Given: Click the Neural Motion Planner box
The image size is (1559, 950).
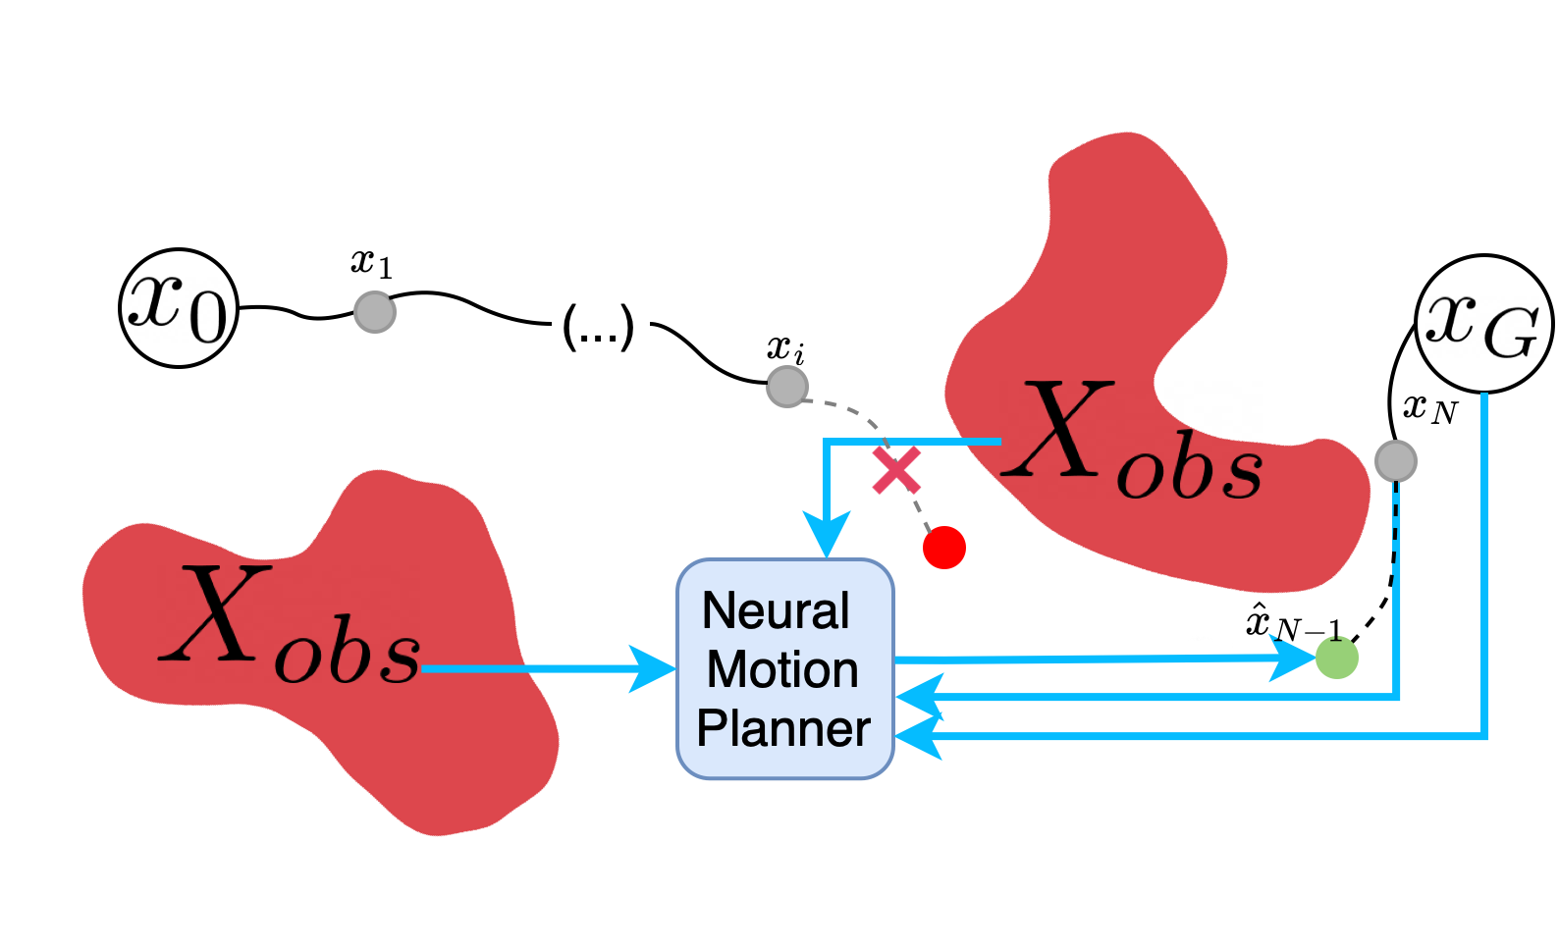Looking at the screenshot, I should coord(784,668).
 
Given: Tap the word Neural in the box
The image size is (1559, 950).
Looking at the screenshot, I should coord(776,611).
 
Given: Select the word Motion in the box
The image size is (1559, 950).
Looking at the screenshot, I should coord(782,670).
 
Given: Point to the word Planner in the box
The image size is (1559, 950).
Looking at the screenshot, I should coord(783,729).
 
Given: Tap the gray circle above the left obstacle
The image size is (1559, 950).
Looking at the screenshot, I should coord(375,312).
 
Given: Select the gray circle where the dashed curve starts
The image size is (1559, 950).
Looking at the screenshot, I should coord(787,387).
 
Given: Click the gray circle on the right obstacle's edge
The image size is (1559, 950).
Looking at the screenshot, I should coord(1395,461).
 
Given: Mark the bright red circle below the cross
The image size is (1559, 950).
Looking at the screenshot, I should coord(944,547).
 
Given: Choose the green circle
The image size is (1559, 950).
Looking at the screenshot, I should coord(1336,658).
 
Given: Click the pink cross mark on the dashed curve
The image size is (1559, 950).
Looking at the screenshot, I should coord(896,470).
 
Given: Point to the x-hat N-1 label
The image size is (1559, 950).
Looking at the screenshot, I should coord(1292,624).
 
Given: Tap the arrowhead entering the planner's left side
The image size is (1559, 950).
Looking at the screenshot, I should coord(654,668).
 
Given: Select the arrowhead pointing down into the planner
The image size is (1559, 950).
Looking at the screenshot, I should coord(827,536).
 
